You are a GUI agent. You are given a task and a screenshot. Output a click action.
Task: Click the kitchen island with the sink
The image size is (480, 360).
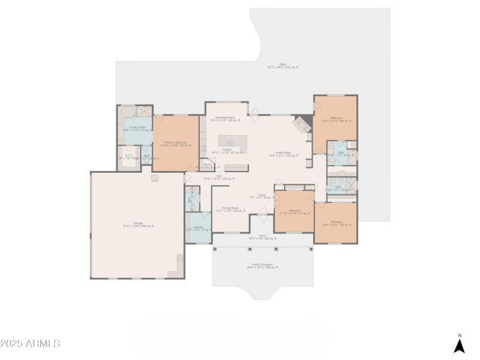coord(232,143)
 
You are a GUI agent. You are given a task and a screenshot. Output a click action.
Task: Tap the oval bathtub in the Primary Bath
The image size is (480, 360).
coord(128,112)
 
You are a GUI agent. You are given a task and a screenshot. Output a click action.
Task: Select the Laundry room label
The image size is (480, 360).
coord(198,229)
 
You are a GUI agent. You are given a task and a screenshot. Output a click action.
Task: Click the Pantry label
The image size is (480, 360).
coord(207,165)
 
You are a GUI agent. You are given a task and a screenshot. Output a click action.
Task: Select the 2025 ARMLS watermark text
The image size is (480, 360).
coord(30,344)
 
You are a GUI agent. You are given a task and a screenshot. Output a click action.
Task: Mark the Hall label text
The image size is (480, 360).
coord(219,177)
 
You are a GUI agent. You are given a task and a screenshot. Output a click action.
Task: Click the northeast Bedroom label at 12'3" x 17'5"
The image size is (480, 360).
coord(336,119)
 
